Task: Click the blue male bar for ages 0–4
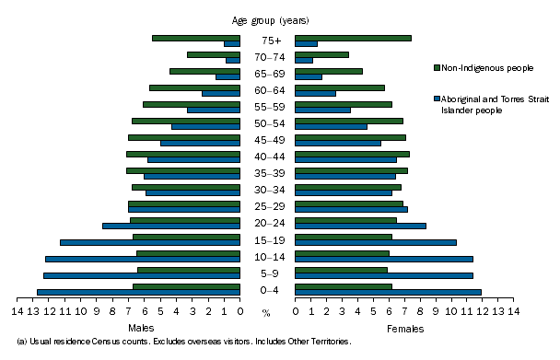pyautogui.click(x=138, y=292)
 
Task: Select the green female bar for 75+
pyautogui.click(x=352, y=38)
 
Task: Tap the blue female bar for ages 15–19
pyautogui.click(x=375, y=242)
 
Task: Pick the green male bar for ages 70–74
pyautogui.click(x=213, y=54)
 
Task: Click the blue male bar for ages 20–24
pyautogui.click(x=170, y=226)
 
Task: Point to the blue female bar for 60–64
pyautogui.click(x=315, y=93)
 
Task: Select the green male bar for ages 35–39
pyautogui.click(x=182, y=170)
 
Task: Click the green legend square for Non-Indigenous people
pyautogui.click(x=436, y=67)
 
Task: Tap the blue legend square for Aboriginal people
pyautogui.click(x=436, y=97)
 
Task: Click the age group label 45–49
pyautogui.click(x=267, y=140)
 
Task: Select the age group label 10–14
pyautogui.click(x=267, y=256)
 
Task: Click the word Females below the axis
pyautogui.click(x=405, y=328)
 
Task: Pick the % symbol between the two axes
pyautogui.click(x=266, y=313)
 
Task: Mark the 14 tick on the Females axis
pyautogui.click(x=513, y=311)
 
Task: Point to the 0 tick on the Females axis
pyautogui.click(x=295, y=311)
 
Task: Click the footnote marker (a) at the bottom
pyautogui.click(x=10, y=342)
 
